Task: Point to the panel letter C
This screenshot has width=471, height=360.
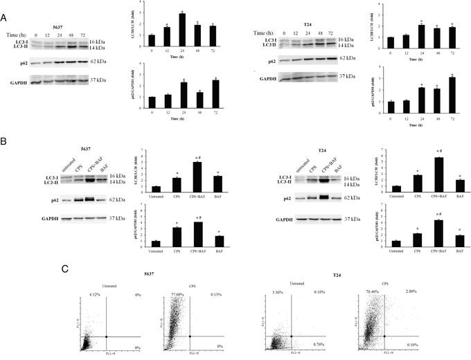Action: [64, 268]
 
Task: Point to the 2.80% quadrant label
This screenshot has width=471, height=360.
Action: [411, 292]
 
